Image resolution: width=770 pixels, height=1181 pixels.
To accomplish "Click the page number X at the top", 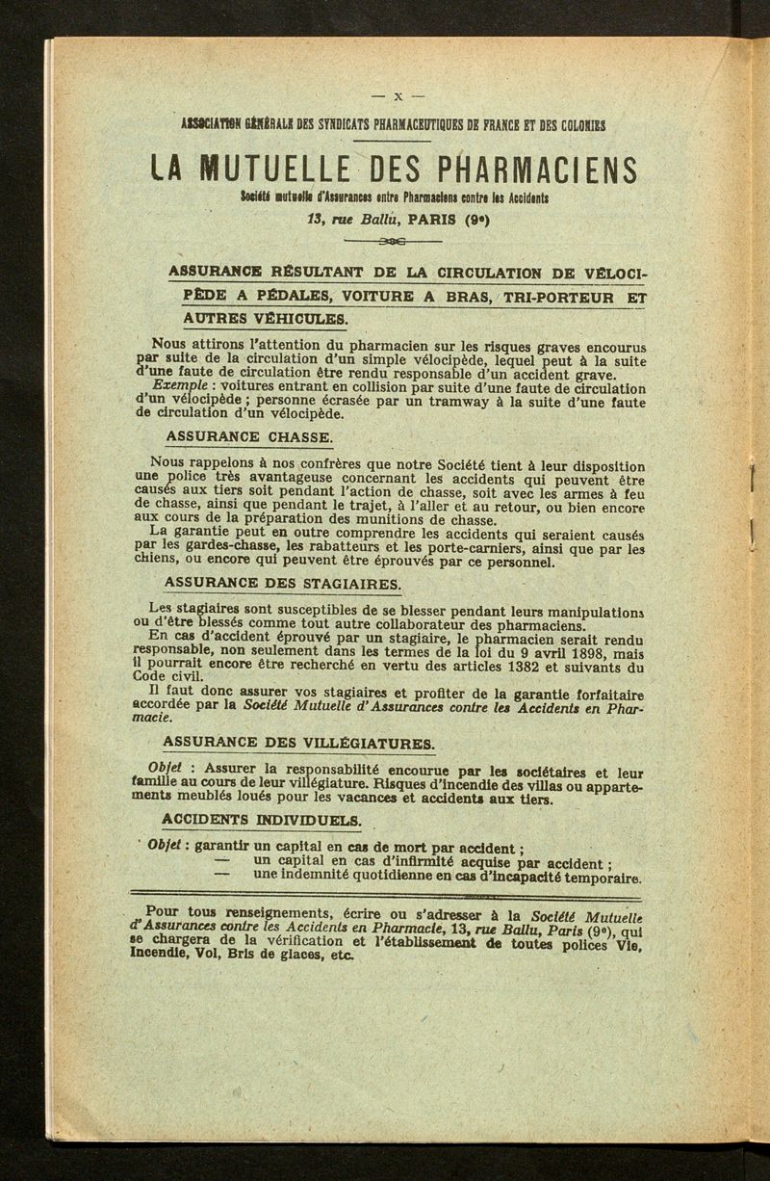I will [398, 97].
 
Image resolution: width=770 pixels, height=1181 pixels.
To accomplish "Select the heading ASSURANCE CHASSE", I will [248, 436].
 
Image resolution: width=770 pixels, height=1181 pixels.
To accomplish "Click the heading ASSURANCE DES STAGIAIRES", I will [282, 583].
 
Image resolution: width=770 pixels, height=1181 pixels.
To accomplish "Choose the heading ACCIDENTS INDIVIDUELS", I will [262, 820].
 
